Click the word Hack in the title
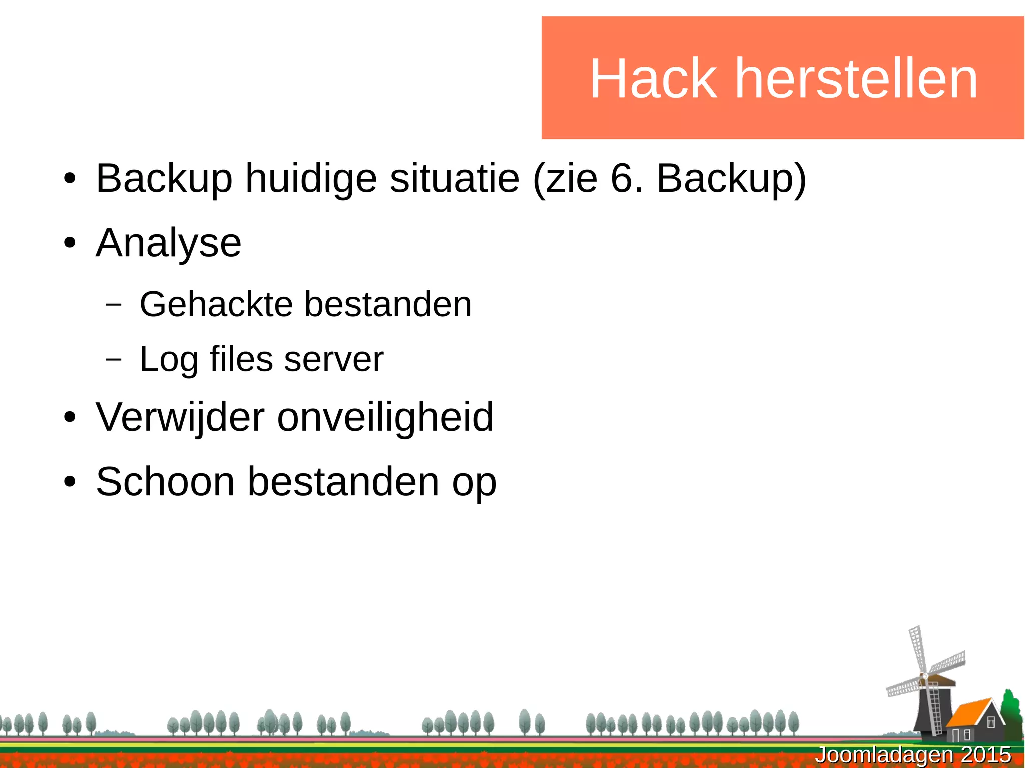coord(653,79)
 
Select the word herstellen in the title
coord(856,79)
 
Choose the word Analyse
coord(168,243)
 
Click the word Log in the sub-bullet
coord(168,360)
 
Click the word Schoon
coord(165,481)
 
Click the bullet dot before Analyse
coord(70,244)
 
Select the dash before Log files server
coord(114,359)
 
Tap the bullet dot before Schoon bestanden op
coord(70,482)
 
